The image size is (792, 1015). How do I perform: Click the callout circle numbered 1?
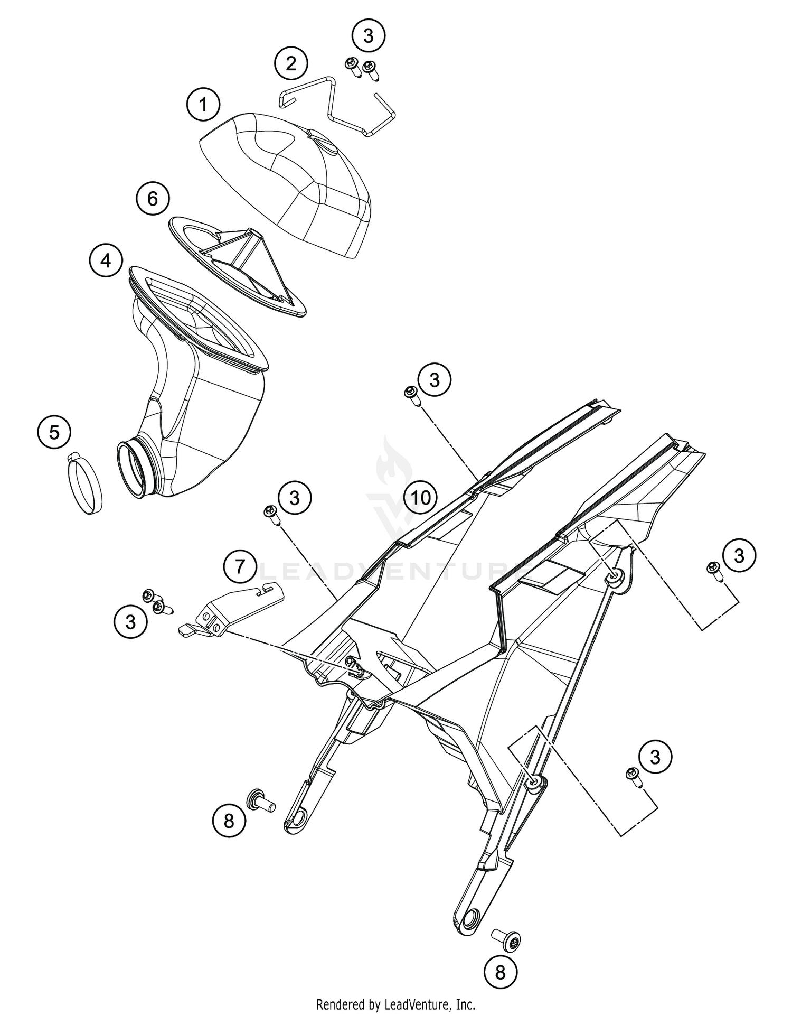click(203, 105)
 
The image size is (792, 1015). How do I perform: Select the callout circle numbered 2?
click(291, 64)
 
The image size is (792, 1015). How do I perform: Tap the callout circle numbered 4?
click(106, 260)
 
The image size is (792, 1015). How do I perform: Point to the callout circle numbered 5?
click(54, 433)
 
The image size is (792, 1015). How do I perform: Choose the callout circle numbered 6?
click(153, 199)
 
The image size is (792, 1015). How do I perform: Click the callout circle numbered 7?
click(240, 567)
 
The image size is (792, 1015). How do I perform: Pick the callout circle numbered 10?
click(421, 497)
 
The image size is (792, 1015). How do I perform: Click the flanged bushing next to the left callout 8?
click(261, 806)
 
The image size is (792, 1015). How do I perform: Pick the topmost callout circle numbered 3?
click(369, 36)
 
